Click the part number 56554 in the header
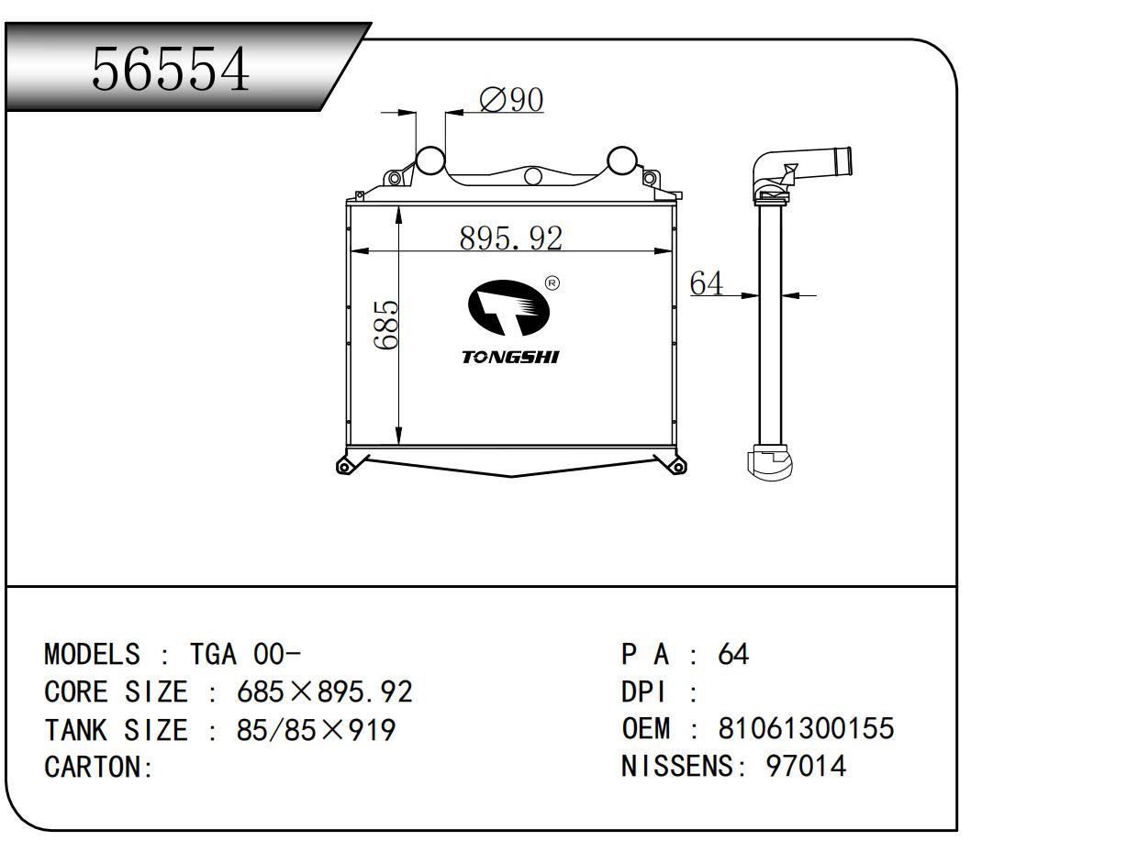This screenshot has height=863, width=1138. point(171,70)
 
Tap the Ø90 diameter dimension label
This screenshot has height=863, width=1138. point(511,99)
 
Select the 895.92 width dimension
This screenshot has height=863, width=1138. point(510,238)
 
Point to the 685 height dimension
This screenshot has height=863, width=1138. point(386,325)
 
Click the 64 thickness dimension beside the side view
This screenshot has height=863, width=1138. point(706,284)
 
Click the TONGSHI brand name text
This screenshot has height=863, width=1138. point(510,358)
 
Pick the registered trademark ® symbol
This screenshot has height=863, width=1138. point(552,283)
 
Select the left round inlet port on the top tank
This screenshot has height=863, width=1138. point(430,160)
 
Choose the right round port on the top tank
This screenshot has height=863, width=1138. point(621,160)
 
